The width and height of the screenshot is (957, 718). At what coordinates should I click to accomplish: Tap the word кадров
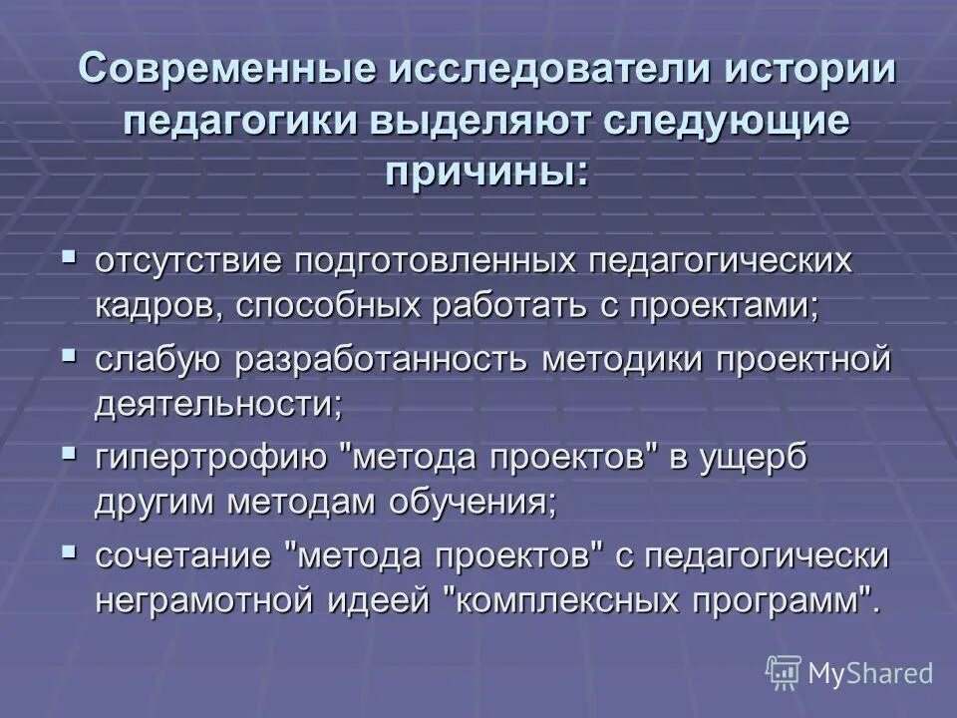point(159,305)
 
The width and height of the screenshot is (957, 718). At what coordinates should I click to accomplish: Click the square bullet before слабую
point(68,354)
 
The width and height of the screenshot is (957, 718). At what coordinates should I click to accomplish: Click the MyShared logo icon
point(784,672)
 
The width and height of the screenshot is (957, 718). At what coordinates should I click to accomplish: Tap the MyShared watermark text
point(871,674)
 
